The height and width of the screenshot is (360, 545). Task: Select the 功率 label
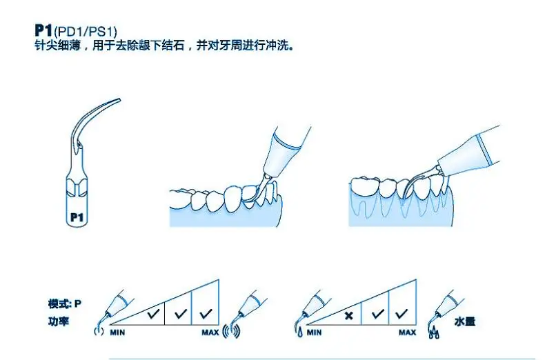click(59, 321)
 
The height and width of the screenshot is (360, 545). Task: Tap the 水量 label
click(465, 322)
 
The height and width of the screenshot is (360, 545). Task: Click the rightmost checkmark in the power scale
click(205, 313)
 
